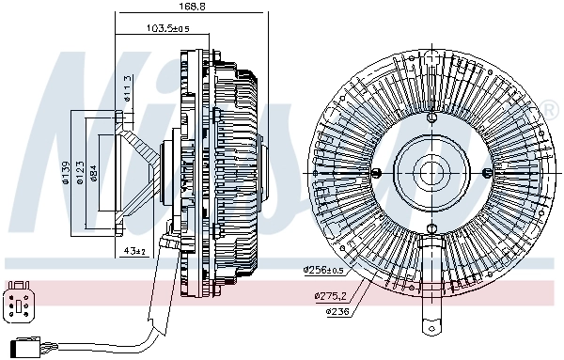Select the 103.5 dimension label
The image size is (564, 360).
click(x=169, y=29)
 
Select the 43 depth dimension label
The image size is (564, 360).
click(x=134, y=251)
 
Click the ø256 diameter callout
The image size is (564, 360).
click(x=322, y=270)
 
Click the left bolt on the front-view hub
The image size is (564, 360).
click(x=376, y=174)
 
